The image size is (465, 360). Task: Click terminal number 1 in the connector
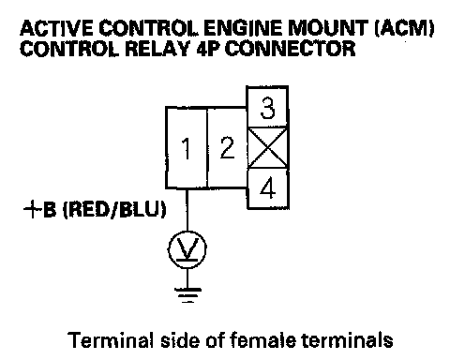[187, 148]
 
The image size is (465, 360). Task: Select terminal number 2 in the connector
[227, 148]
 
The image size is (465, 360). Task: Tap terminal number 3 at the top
[267, 108]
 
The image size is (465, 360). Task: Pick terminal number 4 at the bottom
[268, 188]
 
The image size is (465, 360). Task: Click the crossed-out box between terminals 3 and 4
[267, 148]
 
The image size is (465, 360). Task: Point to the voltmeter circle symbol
[187, 249]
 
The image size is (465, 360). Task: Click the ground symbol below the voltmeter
[187, 295]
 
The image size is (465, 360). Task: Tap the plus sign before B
[33, 209]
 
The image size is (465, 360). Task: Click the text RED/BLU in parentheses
[114, 209]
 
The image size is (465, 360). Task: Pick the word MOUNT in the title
[327, 28]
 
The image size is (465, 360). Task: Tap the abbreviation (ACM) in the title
[404, 28]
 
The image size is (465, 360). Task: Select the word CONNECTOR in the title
[291, 49]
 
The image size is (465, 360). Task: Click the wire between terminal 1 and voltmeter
[187, 210]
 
